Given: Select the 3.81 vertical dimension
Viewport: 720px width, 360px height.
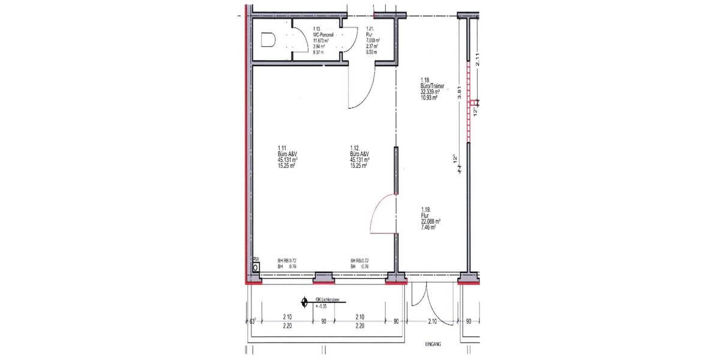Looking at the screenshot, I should [x=460, y=93].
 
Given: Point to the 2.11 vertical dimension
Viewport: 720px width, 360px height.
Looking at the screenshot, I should [x=477, y=59].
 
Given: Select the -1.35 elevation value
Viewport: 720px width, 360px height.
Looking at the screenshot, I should [x=322, y=307].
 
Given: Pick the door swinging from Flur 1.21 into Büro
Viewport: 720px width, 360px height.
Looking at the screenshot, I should [x=362, y=87].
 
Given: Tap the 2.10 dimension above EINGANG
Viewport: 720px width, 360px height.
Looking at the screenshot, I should [x=432, y=321].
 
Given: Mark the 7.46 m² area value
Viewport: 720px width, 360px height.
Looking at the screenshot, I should [x=428, y=228].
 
